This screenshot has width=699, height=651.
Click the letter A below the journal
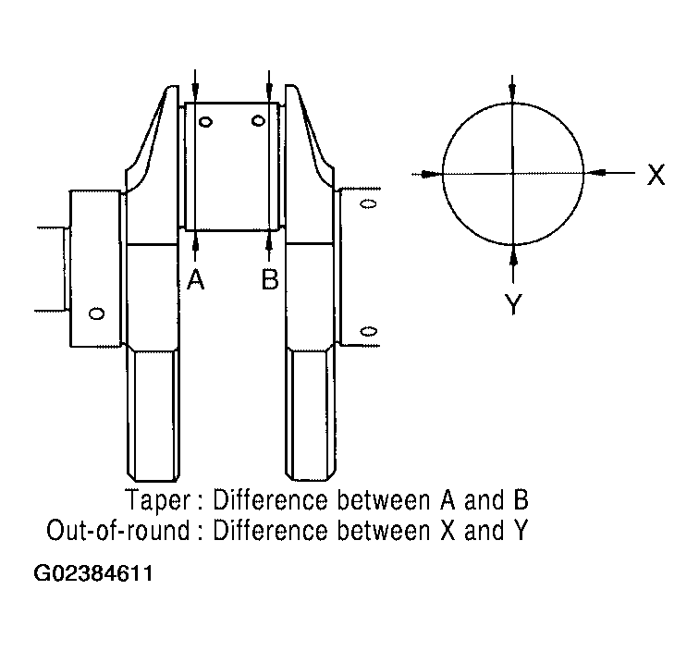195,279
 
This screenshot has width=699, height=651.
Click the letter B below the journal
270,279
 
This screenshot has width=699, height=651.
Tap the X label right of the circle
656,174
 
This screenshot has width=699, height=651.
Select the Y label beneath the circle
513,304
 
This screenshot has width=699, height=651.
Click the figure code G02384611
93,573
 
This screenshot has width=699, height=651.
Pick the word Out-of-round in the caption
118,531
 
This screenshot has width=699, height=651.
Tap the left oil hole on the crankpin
205,122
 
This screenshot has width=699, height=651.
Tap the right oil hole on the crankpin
259,121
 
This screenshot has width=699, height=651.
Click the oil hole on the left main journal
97,313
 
